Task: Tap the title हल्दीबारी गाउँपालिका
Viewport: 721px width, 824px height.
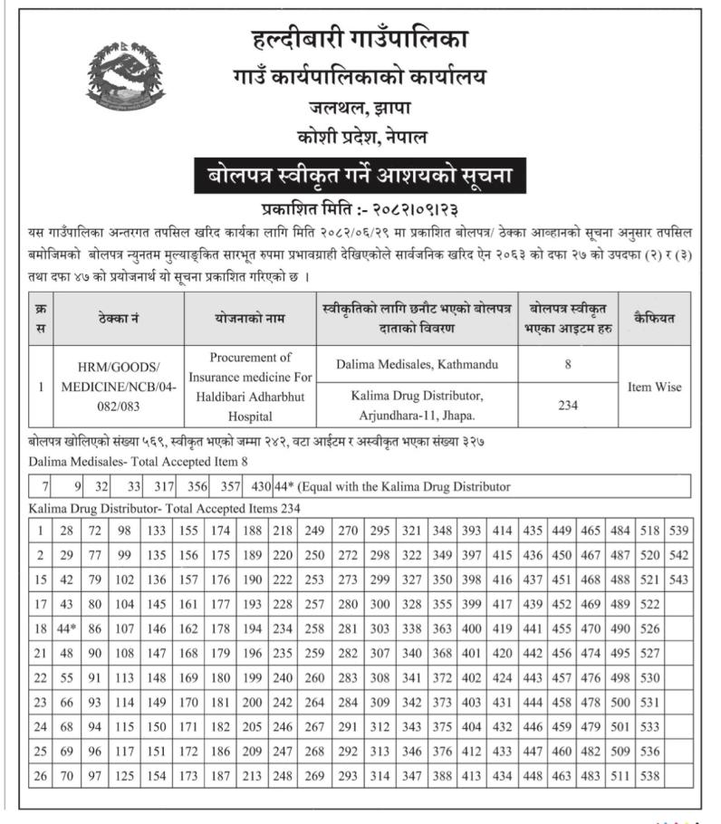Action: tap(360, 42)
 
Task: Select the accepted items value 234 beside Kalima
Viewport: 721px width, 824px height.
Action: tap(568, 406)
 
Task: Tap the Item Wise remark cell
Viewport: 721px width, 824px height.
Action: tap(654, 387)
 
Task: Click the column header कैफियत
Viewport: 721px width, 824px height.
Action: tap(654, 318)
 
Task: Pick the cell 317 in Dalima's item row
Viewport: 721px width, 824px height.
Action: tap(164, 486)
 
